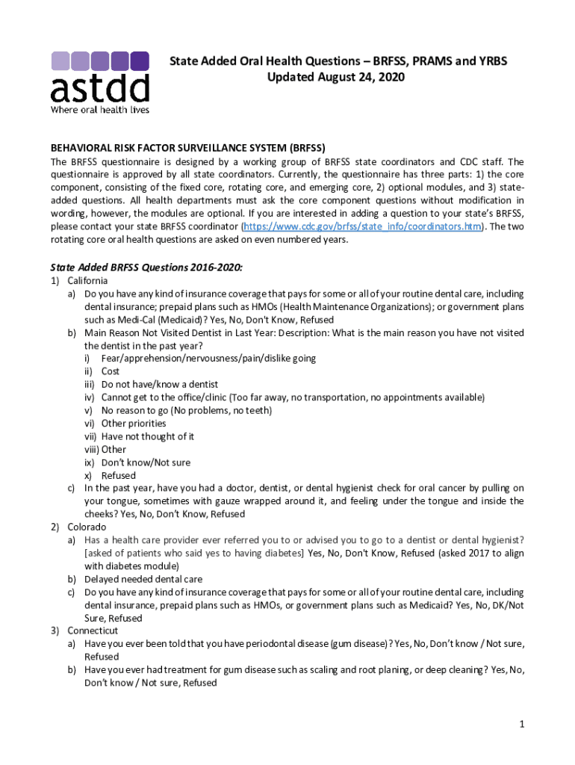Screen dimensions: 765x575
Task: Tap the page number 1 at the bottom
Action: pos(523,724)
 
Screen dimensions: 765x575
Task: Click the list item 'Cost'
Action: pos(111,371)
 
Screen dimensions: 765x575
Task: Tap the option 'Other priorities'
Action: pos(134,423)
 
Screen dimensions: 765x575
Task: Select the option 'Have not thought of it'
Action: pos(148,436)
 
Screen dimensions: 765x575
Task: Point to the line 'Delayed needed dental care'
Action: pos(143,579)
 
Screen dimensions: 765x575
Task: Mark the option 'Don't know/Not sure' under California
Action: pos(146,462)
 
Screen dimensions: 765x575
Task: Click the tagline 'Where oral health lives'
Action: pos(99,109)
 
